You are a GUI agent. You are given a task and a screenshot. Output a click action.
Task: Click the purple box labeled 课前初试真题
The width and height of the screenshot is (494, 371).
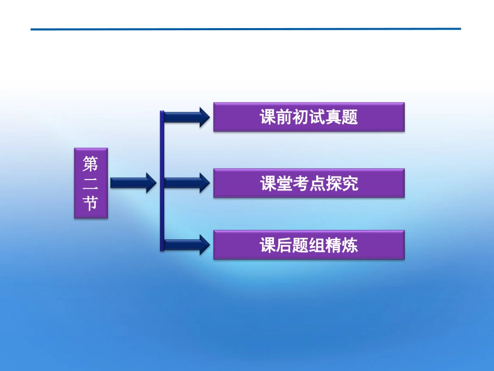tap(309, 117)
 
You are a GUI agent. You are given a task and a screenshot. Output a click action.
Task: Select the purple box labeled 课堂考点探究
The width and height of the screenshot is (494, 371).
tap(309, 183)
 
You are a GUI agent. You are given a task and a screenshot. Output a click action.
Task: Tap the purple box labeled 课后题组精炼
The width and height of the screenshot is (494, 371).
tap(309, 245)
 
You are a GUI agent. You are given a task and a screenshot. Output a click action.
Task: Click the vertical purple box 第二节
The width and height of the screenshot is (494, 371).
tap(90, 183)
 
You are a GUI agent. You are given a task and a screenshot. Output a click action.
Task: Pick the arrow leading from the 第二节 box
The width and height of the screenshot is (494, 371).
tap(133, 183)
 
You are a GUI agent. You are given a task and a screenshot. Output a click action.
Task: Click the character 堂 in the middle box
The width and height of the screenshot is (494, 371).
tap(288, 183)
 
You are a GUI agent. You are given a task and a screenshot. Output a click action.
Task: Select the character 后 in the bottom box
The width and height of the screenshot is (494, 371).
tap(288, 245)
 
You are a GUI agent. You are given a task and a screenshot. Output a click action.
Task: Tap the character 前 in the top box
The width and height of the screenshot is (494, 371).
tap(288, 117)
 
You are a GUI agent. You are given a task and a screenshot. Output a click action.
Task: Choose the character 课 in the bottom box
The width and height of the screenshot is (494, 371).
tap(267, 245)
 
